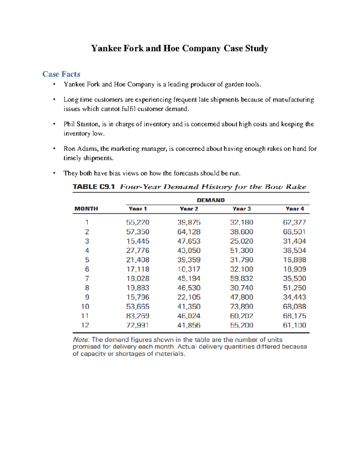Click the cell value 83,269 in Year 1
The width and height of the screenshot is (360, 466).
click(138, 316)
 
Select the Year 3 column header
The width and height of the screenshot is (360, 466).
click(241, 209)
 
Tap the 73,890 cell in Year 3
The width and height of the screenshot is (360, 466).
click(241, 307)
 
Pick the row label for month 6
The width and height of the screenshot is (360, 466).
click(87, 269)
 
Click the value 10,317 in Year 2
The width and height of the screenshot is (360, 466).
click(189, 269)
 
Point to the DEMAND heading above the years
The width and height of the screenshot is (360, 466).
click(211, 200)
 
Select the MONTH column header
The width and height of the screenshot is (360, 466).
click(86, 209)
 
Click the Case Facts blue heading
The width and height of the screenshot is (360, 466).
click(61, 74)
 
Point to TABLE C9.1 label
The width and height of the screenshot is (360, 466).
click(94, 187)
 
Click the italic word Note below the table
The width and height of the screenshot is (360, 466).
click(80, 340)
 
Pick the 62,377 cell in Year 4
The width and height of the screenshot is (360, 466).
click(294, 222)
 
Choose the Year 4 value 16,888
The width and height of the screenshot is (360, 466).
click(294, 260)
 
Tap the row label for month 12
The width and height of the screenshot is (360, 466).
click(85, 325)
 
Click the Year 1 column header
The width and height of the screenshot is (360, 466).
click(138, 209)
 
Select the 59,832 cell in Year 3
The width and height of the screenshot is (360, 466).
click(241, 278)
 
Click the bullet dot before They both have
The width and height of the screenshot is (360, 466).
click(54, 173)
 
